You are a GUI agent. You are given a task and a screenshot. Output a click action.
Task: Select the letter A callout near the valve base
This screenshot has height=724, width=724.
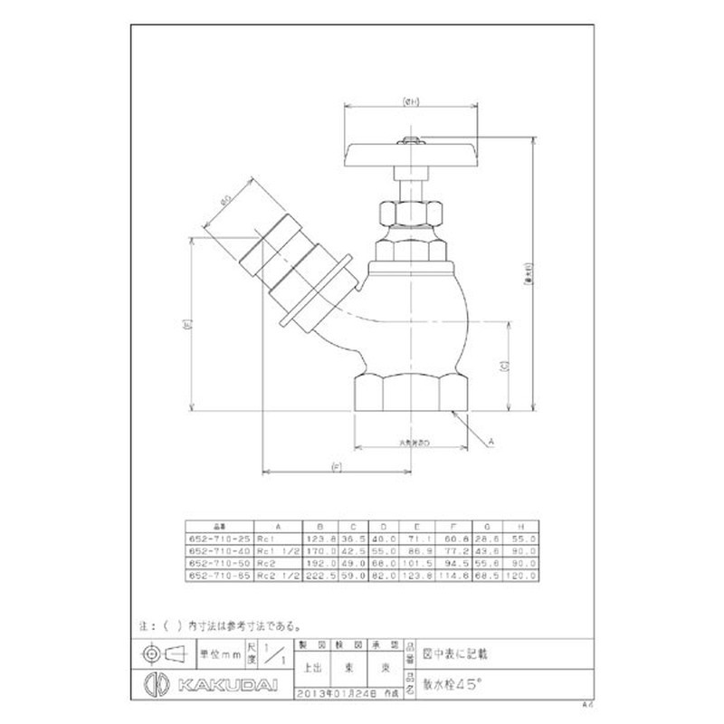tap(490, 441)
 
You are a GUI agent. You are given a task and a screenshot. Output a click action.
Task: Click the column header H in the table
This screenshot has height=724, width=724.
tap(519, 525)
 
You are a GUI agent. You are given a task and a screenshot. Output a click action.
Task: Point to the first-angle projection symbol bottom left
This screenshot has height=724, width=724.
tap(162, 653)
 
